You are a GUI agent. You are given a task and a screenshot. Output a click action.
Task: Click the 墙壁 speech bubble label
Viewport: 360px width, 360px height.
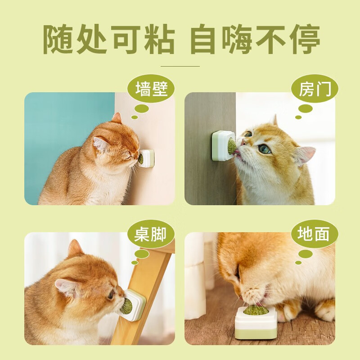(x=151, y=89)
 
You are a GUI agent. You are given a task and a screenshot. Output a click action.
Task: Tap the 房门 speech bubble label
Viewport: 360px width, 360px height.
(x=315, y=89)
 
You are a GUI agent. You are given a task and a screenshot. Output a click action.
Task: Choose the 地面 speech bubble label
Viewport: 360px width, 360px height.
(x=315, y=234)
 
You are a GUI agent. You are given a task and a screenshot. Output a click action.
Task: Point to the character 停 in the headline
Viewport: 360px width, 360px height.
(x=305, y=40)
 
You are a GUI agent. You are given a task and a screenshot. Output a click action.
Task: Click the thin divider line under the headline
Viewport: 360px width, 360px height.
(x=180, y=66)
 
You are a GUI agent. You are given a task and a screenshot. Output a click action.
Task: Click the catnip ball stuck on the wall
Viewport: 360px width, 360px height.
(x=140, y=159)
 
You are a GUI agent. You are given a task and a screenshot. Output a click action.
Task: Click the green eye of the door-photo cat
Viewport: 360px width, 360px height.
(x=264, y=150)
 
